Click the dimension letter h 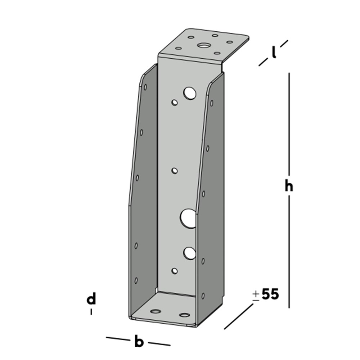[x=289, y=186]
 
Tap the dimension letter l [x=274, y=54]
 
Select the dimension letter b [x=139, y=341]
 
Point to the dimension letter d [x=91, y=299]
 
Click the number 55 [x=270, y=294]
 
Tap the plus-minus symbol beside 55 [x=256, y=296]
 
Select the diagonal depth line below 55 [x=239, y=316]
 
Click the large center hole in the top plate [x=203, y=45]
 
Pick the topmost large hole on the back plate [x=189, y=93]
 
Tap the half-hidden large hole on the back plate [x=187, y=218]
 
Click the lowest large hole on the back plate [x=189, y=253]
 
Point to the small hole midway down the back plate [x=175, y=171]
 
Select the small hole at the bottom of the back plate [x=175, y=270]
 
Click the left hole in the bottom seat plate [x=156, y=311]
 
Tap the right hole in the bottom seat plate [x=184, y=315]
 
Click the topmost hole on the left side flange [x=145, y=87]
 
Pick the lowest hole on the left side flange [x=136, y=280]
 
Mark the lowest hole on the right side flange [x=203, y=296]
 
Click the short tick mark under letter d [x=91, y=312]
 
